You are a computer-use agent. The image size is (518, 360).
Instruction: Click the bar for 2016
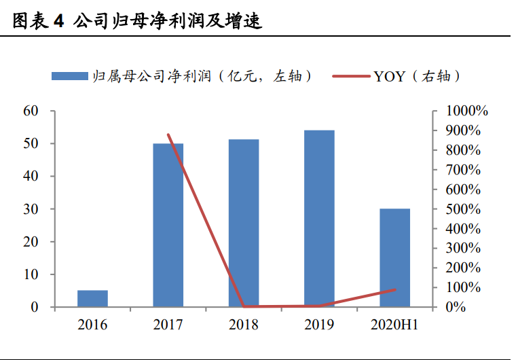[92, 299]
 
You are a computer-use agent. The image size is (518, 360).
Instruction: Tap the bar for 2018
[244, 223]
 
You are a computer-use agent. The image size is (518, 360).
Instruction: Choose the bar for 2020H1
[394, 258]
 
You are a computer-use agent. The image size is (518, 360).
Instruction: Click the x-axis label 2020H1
[394, 325]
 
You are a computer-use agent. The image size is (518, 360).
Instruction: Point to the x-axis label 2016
[92, 325]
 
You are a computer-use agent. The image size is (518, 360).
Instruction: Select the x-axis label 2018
[244, 325]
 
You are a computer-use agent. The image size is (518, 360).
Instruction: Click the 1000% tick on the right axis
[467, 111]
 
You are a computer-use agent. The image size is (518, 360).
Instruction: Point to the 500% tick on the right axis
[464, 209]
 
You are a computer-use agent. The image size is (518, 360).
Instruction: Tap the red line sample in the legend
[351, 76]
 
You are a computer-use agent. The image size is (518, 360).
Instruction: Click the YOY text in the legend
[389, 76]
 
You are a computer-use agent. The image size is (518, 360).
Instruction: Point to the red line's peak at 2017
[168, 134]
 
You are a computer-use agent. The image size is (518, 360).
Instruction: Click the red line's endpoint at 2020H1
[394, 290]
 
